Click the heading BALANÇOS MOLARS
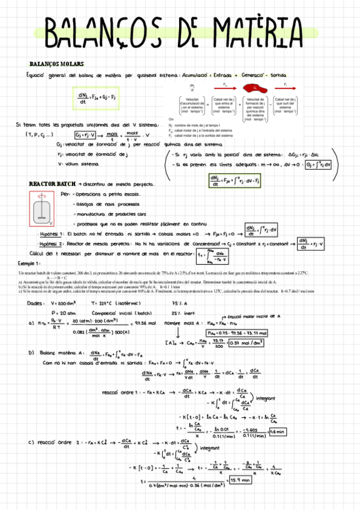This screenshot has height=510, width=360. pos(56,64)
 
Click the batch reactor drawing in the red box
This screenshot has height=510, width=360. pos(40,208)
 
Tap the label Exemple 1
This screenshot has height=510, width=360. pos(29,263)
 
